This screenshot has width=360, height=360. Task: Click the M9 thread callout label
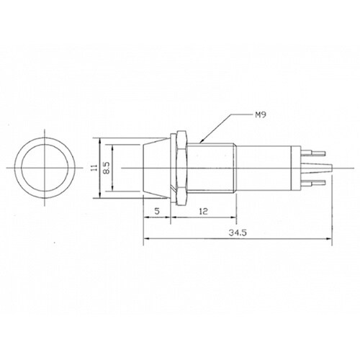coord(260,115)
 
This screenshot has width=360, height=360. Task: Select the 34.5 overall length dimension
coord(238,233)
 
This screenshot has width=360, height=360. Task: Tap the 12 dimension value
coord(203,211)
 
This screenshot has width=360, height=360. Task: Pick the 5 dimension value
coord(157,211)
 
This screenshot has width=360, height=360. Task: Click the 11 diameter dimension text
coord(94,168)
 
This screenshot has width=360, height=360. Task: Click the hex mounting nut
coord(181,168)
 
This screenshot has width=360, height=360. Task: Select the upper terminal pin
coord(313,153)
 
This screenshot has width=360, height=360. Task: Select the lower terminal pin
coord(313,183)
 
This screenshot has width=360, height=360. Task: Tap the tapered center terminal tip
coord(317,168)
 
